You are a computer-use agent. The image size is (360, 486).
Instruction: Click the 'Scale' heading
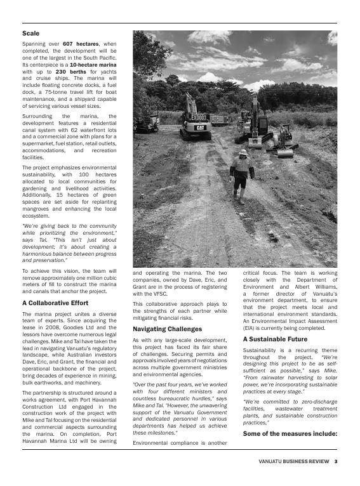click(x=30, y=33)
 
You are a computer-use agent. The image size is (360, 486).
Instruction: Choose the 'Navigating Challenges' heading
click(x=167, y=329)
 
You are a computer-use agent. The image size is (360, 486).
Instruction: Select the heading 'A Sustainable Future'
click(x=275, y=339)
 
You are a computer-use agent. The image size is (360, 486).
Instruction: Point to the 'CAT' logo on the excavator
click(x=200, y=128)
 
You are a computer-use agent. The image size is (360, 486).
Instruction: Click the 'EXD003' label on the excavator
click(x=199, y=117)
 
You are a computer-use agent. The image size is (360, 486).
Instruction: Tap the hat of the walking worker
click(x=243, y=152)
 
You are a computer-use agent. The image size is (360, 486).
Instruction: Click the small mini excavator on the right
click(x=285, y=143)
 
